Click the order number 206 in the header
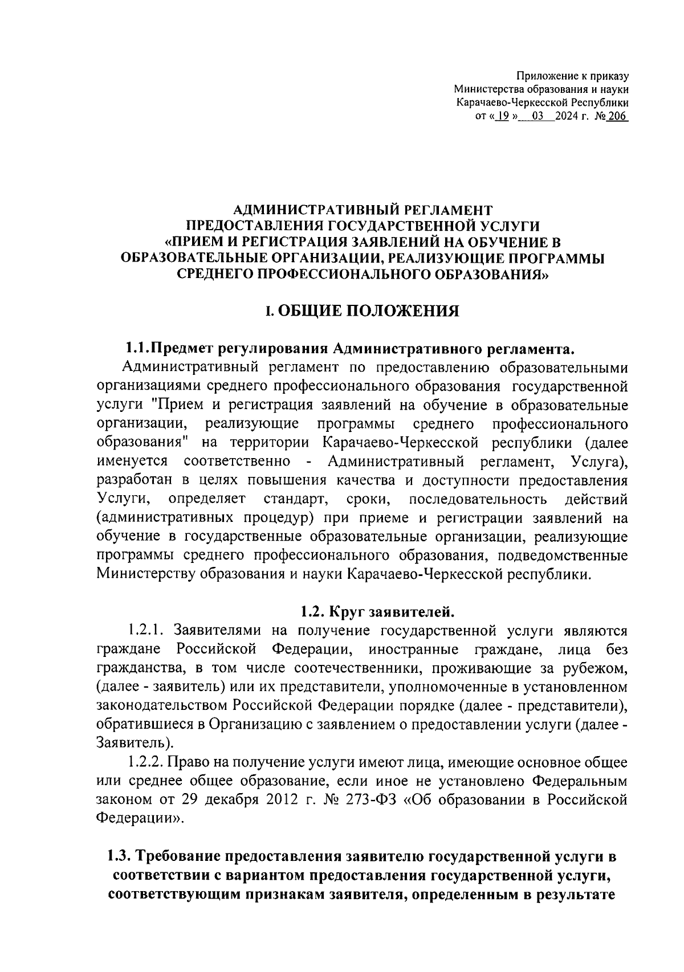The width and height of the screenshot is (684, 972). tap(617, 117)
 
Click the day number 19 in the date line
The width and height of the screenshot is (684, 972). tap(502, 117)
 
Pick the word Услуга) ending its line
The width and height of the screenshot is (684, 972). tap(598, 460)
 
